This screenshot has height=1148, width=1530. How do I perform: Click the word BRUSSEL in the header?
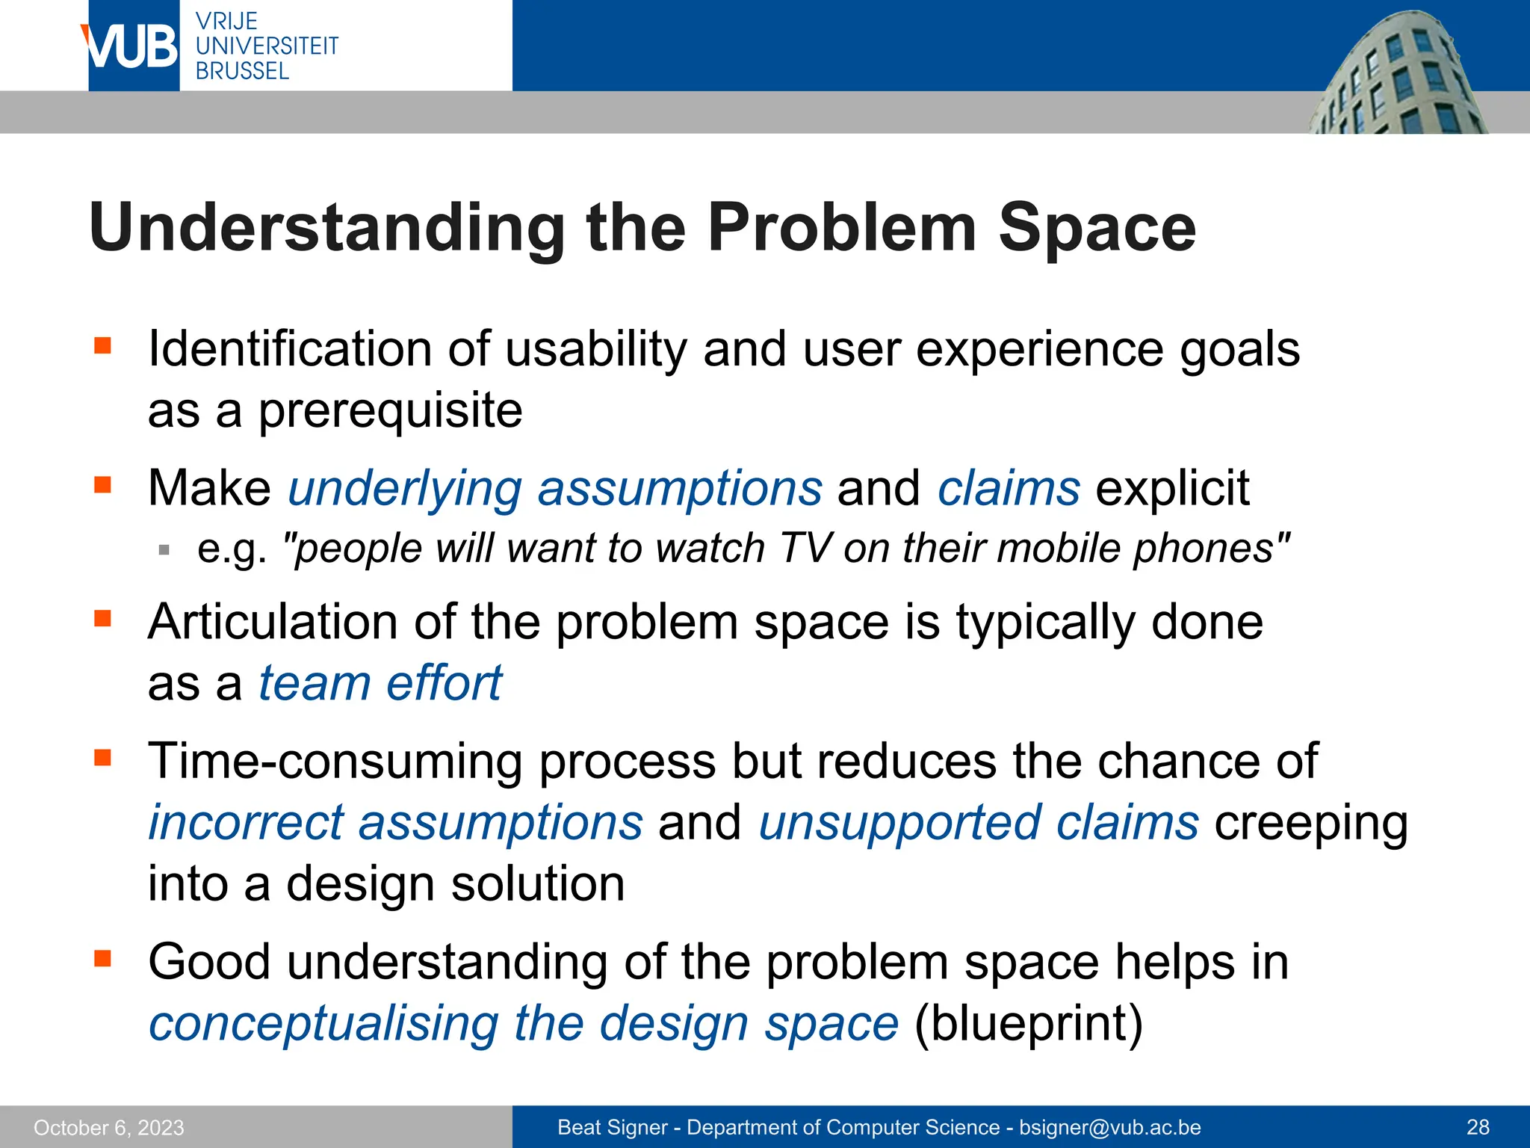(242, 71)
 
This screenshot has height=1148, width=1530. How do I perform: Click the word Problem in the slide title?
(842, 228)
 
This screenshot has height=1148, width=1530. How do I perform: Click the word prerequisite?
(390, 411)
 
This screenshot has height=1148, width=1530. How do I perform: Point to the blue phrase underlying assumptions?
(555, 489)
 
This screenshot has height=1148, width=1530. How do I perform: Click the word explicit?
(1172, 489)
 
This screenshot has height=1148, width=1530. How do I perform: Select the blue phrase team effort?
(380, 683)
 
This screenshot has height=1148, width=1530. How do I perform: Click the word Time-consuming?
(335, 762)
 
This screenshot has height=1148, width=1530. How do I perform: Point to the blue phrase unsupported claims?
(979, 823)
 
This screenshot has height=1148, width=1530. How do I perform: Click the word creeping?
(1311, 824)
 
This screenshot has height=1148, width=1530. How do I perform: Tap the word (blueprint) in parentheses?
(1028, 1023)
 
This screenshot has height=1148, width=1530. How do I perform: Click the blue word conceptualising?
(323, 1024)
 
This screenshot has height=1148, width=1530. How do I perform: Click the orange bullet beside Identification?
(102, 345)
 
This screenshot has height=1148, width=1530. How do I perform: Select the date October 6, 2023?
(109, 1127)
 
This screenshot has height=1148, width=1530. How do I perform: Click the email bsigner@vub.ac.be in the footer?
(1110, 1127)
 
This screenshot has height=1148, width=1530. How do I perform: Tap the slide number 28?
(1478, 1127)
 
